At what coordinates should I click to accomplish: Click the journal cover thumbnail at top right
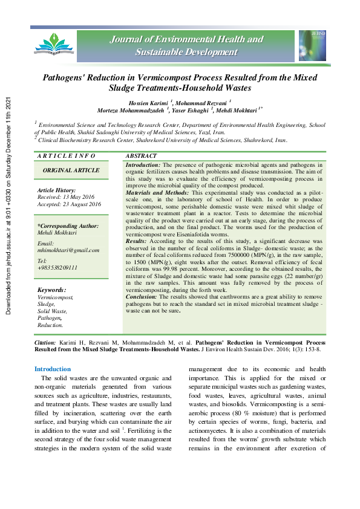312,45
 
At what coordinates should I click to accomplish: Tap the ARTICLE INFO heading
66,156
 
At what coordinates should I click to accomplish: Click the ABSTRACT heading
142,156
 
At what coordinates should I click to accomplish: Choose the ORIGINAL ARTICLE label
71,170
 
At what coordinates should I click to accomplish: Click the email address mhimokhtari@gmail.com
68,250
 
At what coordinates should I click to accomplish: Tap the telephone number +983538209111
57,267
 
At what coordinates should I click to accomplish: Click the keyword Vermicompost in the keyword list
55,297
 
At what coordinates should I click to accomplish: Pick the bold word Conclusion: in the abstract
143,297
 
